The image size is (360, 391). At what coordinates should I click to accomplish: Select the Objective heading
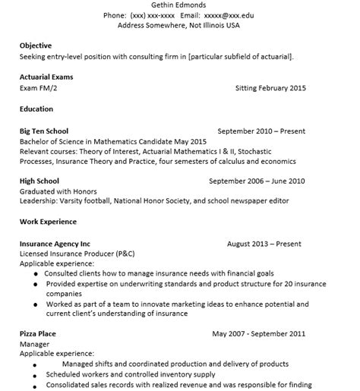[36, 45]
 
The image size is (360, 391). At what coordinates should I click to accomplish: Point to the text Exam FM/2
[39, 87]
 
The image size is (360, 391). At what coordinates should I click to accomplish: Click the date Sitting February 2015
[271, 88]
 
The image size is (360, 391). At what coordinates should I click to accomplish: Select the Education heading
[36, 109]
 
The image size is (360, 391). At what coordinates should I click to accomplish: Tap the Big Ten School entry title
[44, 131]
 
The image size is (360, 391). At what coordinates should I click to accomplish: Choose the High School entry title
[39, 181]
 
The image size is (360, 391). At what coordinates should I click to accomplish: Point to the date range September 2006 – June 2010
[257, 181]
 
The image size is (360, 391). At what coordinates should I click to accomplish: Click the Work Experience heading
[48, 222]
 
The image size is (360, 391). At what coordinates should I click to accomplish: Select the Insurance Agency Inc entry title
[55, 244]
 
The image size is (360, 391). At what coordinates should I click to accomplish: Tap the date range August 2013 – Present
[264, 244]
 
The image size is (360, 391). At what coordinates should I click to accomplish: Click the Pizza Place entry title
[38, 333]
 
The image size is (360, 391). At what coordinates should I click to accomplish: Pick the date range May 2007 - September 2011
[258, 333]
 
